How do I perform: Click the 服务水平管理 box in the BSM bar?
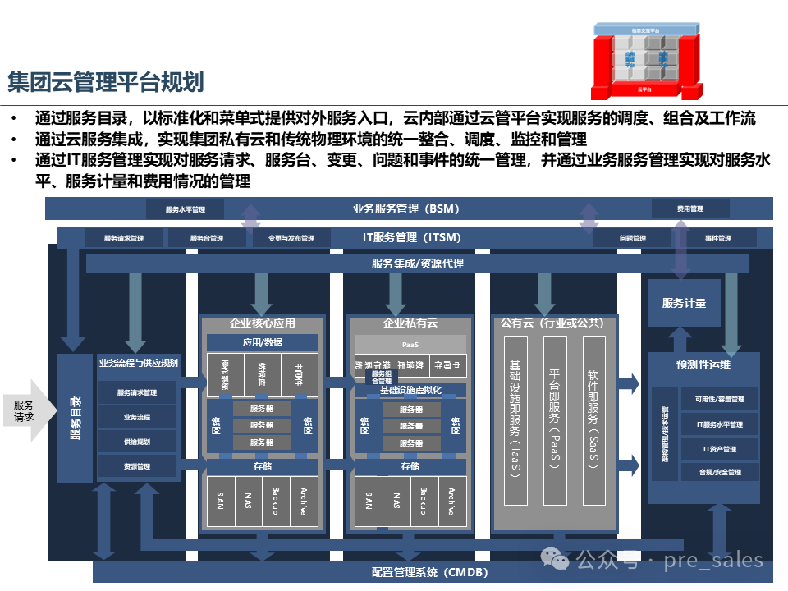185,209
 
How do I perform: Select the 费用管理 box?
689,209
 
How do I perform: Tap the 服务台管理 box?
206,238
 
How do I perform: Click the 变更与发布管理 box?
291,238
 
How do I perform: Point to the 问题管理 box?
632,238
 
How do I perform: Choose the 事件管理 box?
718,238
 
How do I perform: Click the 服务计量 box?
684,303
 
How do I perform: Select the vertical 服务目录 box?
75,418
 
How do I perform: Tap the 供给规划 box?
136,442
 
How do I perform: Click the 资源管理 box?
136,466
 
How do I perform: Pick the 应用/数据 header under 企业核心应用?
262,342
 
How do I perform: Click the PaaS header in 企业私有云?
410,345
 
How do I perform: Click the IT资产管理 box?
719,449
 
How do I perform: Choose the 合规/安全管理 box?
719,472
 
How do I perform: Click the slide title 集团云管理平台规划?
105,82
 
